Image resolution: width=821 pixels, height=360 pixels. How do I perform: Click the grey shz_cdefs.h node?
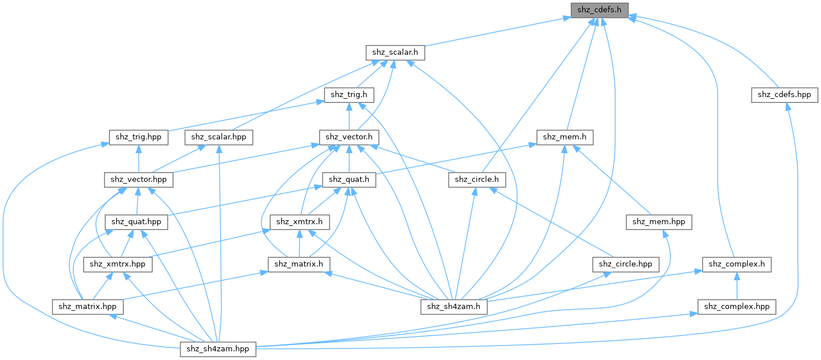(599, 10)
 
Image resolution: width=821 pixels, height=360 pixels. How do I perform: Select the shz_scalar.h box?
(395, 52)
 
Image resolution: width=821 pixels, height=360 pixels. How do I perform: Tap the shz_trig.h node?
(349, 94)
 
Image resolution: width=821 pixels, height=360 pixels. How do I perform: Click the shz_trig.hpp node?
(138, 137)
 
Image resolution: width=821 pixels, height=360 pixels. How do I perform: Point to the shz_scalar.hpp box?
(219, 137)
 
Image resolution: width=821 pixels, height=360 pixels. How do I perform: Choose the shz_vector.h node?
(349, 137)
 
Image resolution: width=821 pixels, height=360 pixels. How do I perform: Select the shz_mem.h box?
(566, 137)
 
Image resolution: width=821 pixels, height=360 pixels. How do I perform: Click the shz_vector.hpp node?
(138, 179)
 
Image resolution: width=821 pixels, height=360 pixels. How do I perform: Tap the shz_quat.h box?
(349, 179)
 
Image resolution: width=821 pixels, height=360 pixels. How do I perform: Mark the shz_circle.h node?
(477, 179)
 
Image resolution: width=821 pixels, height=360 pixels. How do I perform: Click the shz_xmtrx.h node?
(299, 221)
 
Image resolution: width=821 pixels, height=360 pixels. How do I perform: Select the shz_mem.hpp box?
(659, 221)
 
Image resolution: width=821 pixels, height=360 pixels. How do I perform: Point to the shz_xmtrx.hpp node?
(118, 264)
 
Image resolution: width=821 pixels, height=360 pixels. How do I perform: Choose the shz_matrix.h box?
(299, 264)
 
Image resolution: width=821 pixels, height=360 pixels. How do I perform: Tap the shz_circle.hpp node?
(626, 264)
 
